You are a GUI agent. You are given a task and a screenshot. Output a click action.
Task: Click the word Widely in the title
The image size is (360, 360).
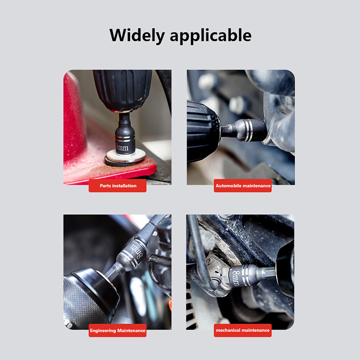tap(137, 36)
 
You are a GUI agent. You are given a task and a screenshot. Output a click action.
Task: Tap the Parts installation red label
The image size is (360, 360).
tap(117, 186)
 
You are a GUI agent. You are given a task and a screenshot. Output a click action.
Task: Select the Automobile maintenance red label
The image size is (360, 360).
tap(243, 186)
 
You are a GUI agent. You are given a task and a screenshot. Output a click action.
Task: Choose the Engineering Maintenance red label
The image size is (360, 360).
tap(117, 330)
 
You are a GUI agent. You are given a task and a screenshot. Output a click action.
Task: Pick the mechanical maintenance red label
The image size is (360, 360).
tap(243, 330)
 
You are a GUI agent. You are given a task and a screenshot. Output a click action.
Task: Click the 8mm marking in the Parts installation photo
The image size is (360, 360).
tap(122, 147)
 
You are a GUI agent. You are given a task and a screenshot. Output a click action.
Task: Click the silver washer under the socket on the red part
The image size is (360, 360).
tap(126, 157)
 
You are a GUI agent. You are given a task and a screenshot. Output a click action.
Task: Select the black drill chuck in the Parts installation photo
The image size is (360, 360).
tap(122, 90)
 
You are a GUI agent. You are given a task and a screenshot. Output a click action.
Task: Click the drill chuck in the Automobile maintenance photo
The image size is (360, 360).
tap(203, 131)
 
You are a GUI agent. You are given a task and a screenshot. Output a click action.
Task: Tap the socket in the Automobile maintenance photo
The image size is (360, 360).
tap(246, 131)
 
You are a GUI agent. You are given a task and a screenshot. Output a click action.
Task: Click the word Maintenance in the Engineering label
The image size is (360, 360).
tap(131, 331)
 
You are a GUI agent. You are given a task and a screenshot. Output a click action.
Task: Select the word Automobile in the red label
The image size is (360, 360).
tap(229, 186)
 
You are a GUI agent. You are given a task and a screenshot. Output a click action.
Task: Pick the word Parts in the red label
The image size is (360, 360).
tap(105, 186)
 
